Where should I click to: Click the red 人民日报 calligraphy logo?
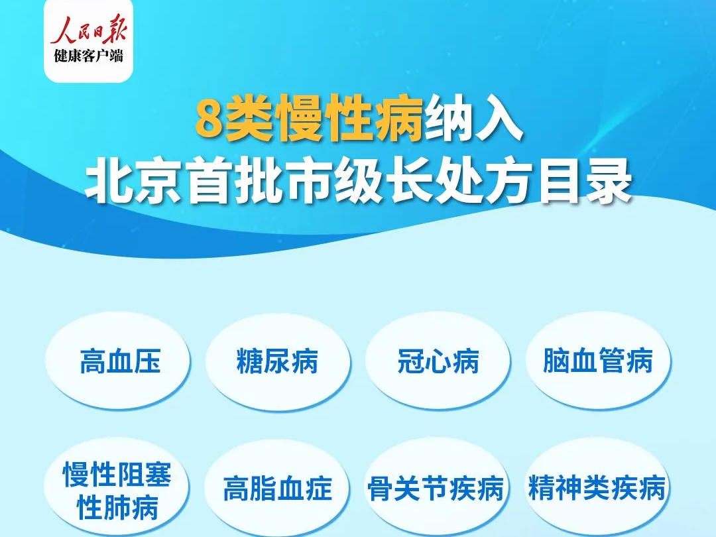(88, 30)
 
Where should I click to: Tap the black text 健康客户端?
(89, 56)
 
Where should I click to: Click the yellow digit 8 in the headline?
(209, 118)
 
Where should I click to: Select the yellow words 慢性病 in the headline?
(351, 118)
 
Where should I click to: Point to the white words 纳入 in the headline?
(473, 118)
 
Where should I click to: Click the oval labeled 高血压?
(118, 361)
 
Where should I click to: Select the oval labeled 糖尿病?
(278, 361)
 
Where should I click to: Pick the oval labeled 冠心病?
(438, 361)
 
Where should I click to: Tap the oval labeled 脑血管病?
(598, 361)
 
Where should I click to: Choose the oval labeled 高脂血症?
(277, 488)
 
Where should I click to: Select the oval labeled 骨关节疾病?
(437, 488)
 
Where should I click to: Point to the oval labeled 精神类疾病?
(597, 488)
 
